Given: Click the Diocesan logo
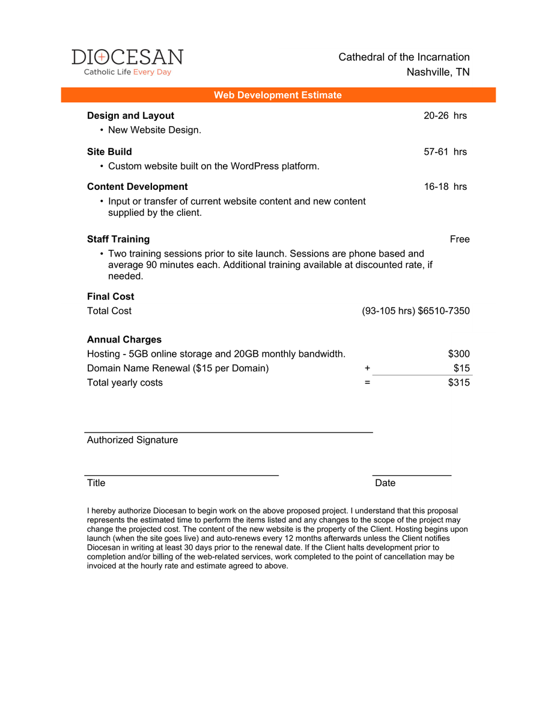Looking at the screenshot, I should click(127, 62).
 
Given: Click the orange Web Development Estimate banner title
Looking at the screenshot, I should click(278, 95).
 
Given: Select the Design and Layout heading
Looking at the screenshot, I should click(130, 115).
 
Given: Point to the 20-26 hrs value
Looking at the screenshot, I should click(445, 115).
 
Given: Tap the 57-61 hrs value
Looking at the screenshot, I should click(445, 151).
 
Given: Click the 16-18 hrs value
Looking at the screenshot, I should click(445, 186).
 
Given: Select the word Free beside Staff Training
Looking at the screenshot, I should click(460, 239).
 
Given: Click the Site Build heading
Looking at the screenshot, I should click(109, 151).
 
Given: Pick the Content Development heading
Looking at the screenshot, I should click(137, 186).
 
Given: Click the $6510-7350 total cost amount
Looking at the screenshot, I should click(443, 311).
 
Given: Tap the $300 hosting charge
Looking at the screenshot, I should click(459, 354).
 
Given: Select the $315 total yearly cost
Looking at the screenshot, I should click(459, 383).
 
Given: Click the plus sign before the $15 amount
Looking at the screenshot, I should click(367, 368).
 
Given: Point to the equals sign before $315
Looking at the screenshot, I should click(367, 383).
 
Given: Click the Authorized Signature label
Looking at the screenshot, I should click(132, 440).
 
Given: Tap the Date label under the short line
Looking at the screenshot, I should click(385, 483).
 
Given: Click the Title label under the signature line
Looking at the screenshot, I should click(96, 483).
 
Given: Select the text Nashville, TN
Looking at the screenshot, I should click(438, 72).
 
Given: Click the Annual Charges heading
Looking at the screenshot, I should click(124, 339).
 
